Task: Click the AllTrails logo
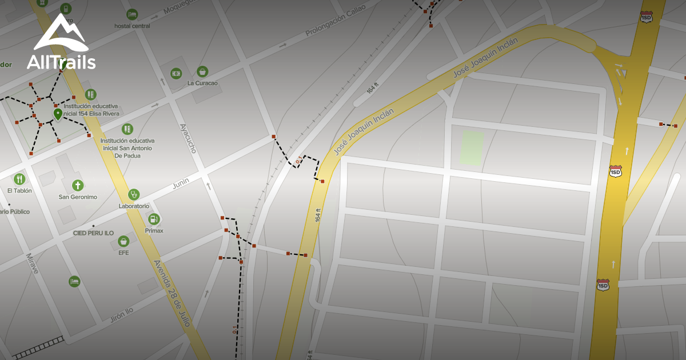pyautogui.click(x=61, y=43)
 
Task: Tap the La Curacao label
pyautogui.click(x=202, y=83)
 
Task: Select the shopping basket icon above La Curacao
pyautogui.click(x=202, y=71)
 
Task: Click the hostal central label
pyautogui.click(x=132, y=26)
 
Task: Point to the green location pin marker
pyautogui.click(x=58, y=114)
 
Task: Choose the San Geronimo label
pyautogui.click(x=78, y=197)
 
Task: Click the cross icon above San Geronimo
pyautogui.click(x=78, y=186)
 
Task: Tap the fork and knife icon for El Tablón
pyautogui.click(x=19, y=179)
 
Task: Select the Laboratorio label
pyautogui.click(x=134, y=206)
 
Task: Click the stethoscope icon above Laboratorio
pyautogui.click(x=134, y=194)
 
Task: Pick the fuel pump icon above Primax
pyautogui.click(x=154, y=219)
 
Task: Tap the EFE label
pyautogui.click(x=123, y=253)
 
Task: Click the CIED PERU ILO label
pyautogui.click(x=93, y=233)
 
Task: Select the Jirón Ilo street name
pyautogui.click(x=121, y=315)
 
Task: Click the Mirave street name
pyautogui.click(x=32, y=263)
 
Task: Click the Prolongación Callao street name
pyautogui.click(x=335, y=23)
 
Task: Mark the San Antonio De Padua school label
pyautogui.click(x=127, y=148)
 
